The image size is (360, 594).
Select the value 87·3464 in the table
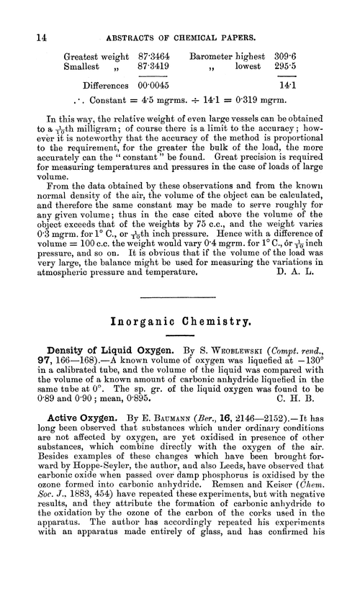153,55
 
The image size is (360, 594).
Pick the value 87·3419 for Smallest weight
153,67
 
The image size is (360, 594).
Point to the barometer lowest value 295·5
288,67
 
